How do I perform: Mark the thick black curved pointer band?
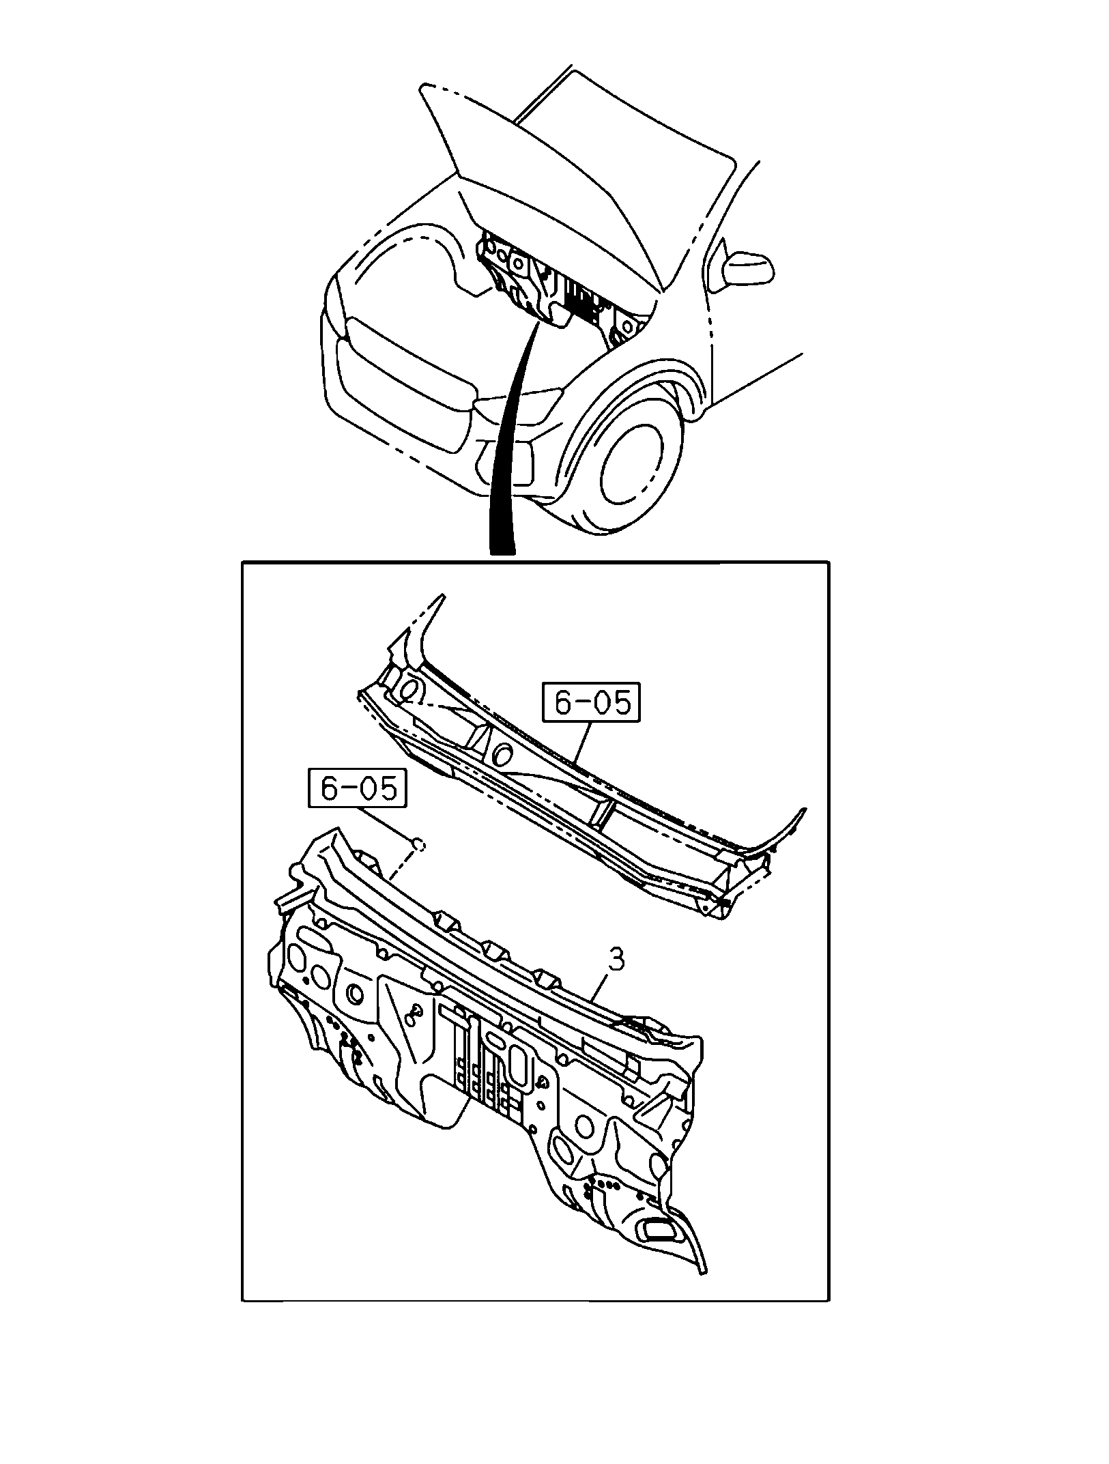pos(508,437)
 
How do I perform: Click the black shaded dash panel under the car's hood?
pos(546,287)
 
